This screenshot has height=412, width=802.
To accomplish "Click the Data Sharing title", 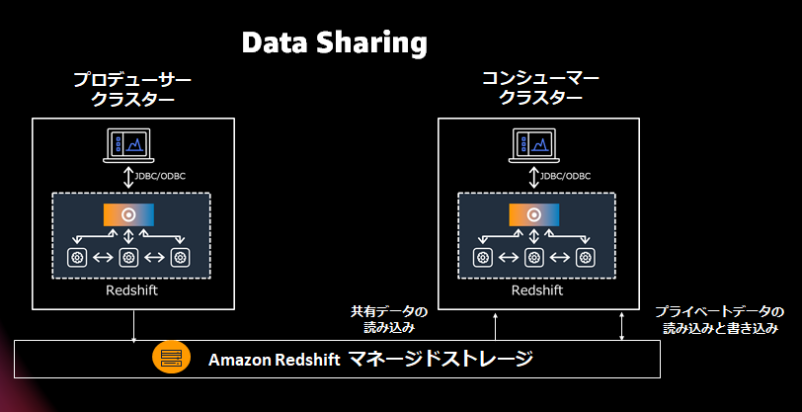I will click(335, 43).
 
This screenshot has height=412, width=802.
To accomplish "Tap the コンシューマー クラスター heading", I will click(539, 88).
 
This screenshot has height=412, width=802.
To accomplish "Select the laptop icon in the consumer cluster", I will click(533, 145).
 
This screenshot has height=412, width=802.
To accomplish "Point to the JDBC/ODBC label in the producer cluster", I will click(158, 176).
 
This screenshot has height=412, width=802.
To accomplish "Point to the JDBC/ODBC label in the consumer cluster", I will click(564, 176).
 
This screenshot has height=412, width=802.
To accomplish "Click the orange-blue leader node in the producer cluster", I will click(128, 214).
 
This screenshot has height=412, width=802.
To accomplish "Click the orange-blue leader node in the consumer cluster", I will click(534, 214).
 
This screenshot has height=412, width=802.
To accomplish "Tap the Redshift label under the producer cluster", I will click(131, 291).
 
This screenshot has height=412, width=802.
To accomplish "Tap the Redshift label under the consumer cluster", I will click(537, 291).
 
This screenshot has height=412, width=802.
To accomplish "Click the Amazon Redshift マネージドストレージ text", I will click(370, 358).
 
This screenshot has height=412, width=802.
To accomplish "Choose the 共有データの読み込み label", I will click(390, 319).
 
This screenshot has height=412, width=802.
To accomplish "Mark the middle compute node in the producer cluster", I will click(128, 258).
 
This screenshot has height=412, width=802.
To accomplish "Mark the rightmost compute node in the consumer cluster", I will click(586, 258).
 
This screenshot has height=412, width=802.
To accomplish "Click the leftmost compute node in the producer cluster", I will click(77, 258).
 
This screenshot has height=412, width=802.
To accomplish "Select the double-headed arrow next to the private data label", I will click(621, 325).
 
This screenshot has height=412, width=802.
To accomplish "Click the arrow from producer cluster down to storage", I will click(132, 326).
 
